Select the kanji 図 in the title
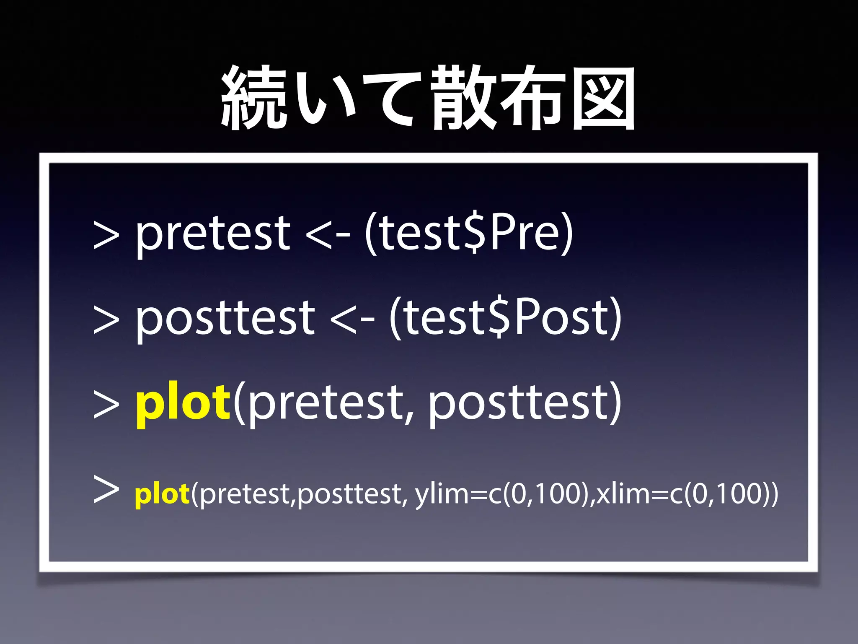(603, 99)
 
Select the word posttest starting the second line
(225, 319)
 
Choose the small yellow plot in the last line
(162, 494)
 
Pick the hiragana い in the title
(325, 99)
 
